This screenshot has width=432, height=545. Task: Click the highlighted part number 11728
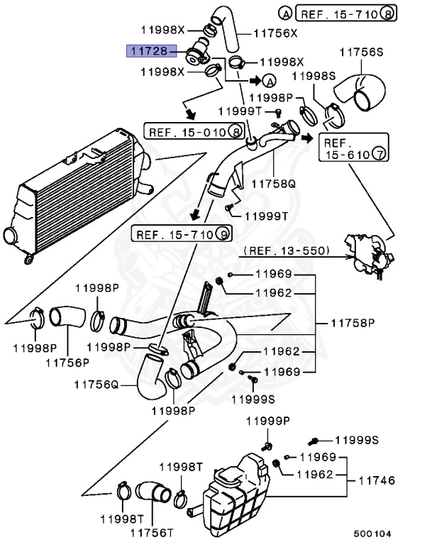[146, 50]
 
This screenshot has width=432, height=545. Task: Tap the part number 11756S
[361, 51]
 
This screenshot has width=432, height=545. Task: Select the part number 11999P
[268, 421]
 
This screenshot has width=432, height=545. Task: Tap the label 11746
[375, 480]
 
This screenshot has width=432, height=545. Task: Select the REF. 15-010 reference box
[196, 131]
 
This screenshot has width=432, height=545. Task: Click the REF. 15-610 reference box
[353, 147]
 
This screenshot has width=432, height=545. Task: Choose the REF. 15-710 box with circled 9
[182, 233]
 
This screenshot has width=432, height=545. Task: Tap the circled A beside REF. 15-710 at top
[284, 13]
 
